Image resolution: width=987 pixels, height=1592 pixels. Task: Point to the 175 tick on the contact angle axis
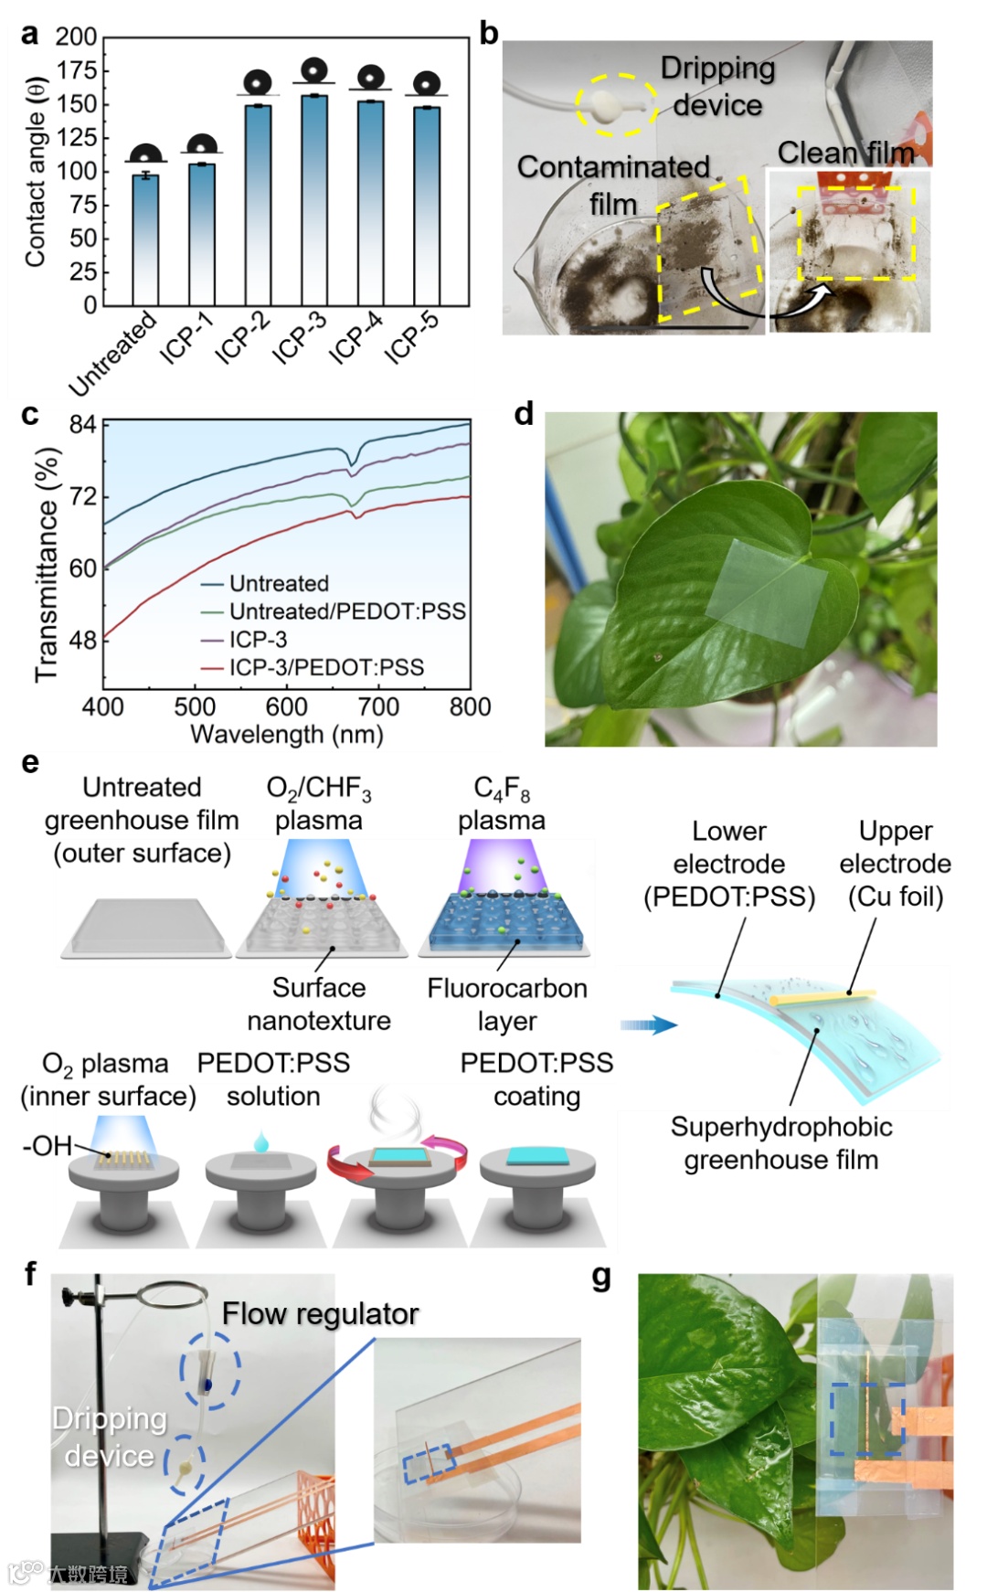(77, 70)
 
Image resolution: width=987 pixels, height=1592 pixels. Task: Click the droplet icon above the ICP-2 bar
(259, 82)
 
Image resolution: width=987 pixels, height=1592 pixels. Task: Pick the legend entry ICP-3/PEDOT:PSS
(326, 668)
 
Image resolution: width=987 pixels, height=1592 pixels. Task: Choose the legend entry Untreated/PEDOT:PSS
(346, 611)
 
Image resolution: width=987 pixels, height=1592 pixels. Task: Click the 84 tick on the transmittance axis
(82, 424)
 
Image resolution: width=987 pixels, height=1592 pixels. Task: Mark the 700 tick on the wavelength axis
(378, 707)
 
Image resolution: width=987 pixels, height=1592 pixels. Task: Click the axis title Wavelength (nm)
(286, 735)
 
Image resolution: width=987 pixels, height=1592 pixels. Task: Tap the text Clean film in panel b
(845, 153)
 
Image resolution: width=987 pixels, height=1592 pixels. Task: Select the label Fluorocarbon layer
(506, 1004)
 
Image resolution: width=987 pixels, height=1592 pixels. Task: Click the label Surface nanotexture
(319, 1003)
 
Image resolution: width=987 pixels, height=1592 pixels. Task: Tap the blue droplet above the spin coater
(261, 1141)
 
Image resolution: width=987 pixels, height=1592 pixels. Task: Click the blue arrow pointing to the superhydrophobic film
(648, 1025)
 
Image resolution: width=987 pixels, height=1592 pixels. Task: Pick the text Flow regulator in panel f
(320, 1314)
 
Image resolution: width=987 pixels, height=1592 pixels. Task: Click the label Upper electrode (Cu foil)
(895, 864)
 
